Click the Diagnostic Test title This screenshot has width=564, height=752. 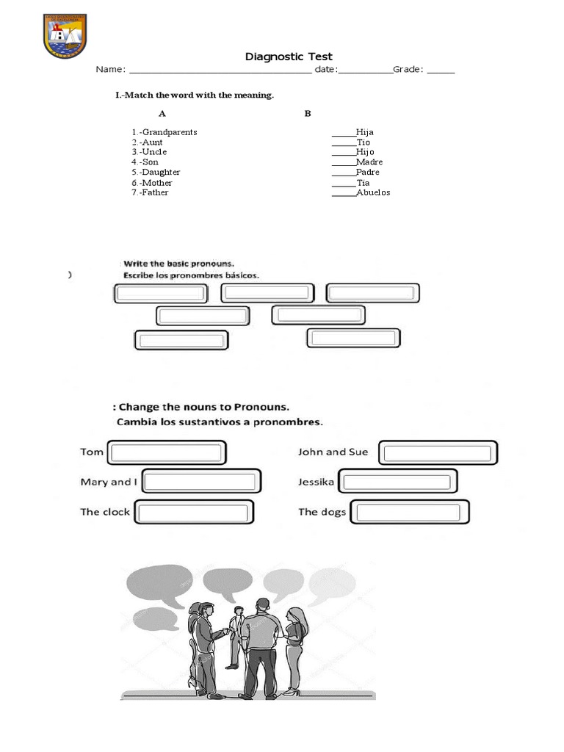pyautogui.click(x=288, y=57)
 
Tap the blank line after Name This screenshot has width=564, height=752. pyautogui.click(x=220, y=70)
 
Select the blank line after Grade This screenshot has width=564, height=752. pyautogui.click(x=441, y=70)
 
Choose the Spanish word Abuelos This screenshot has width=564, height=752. pyautogui.click(x=373, y=192)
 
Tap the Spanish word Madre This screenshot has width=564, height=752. pyautogui.click(x=369, y=162)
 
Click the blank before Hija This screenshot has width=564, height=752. pyautogui.click(x=343, y=133)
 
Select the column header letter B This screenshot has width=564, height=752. pyautogui.click(x=308, y=114)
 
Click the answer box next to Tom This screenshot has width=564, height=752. pyautogui.click(x=167, y=452)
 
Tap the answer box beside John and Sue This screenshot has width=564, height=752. pyautogui.click(x=438, y=452)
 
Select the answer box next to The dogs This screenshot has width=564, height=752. pyautogui.click(x=410, y=512)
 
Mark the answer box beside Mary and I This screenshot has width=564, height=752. pyautogui.click(x=201, y=482)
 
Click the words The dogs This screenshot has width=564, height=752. pyautogui.click(x=322, y=512)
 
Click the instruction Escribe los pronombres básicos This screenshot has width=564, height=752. pyautogui.click(x=192, y=275)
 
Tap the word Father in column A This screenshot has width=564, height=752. pyautogui.click(x=155, y=192)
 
